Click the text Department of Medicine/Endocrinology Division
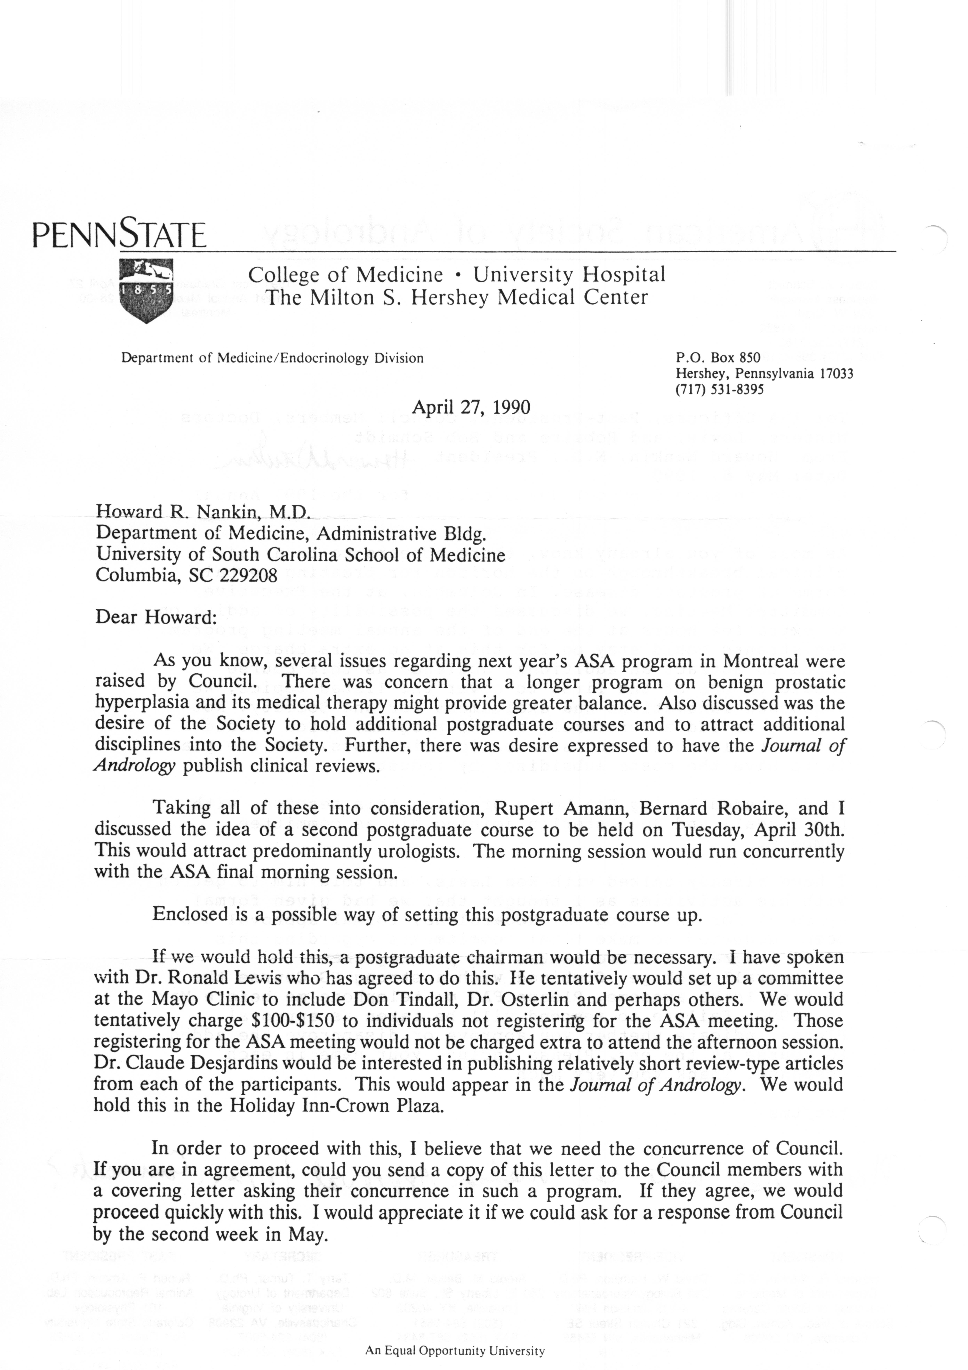273,358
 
